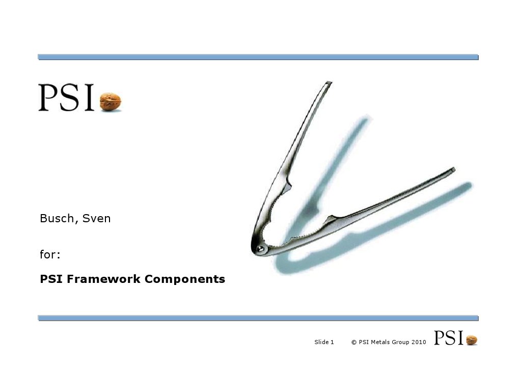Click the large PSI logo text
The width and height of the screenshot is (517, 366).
point(66,98)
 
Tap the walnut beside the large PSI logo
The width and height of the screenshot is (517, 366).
point(110,101)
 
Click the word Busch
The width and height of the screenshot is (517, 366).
point(56,219)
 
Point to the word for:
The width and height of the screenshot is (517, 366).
point(50,253)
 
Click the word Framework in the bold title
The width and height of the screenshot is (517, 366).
point(104,279)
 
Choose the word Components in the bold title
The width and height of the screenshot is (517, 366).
point(185,280)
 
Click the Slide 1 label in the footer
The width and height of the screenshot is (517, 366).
point(324,342)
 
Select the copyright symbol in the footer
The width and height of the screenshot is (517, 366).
point(353,342)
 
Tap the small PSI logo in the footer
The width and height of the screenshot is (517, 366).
point(448,338)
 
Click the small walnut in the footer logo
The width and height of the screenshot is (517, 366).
point(472,340)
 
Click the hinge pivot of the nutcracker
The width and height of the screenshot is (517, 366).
point(261,248)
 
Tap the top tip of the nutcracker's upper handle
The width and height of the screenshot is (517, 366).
point(329,82)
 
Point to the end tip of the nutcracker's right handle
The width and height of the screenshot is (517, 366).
point(453,169)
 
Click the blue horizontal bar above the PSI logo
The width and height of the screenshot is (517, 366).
point(258,57)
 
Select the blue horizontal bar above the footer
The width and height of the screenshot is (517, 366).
point(258,318)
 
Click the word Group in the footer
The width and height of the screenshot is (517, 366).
point(400,342)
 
